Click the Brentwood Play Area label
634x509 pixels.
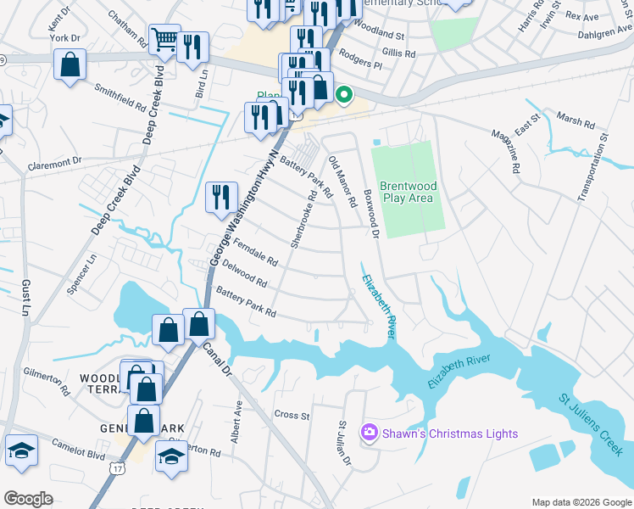pyautogui.click(x=407, y=192)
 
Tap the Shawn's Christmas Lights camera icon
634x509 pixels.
pyautogui.click(x=369, y=433)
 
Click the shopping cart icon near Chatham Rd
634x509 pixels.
pyautogui.click(x=164, y=38)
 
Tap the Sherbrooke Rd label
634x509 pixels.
pyautogui.click(x=303, y=218)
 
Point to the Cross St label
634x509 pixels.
pyautogui.click(x=292, y=415)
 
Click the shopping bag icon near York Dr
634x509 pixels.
pyautogui.click(x=70, y=64)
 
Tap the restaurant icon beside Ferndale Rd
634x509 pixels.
pyautogui.click(x=221, y=197)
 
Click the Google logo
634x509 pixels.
pyautogui.click(x=28, y=499)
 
